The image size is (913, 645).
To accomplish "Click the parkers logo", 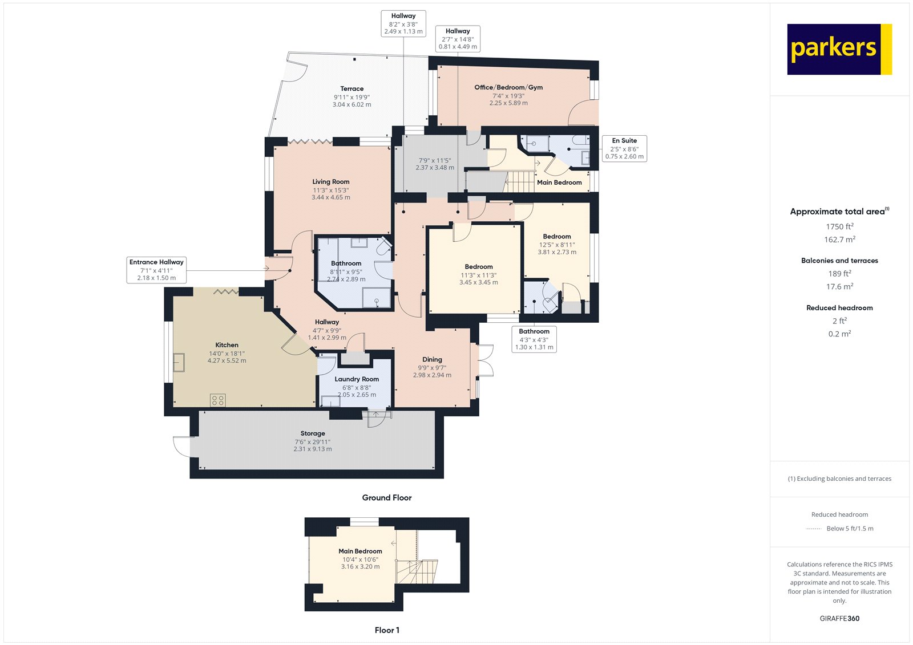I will [x=839, y=49].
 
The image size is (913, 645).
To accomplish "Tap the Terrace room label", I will [x=352, y=88].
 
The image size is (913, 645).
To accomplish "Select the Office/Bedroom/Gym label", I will [x=508, y=87].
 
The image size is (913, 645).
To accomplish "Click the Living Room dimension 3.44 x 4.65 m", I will [x=331, y=197].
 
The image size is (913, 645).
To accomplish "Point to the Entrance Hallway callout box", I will [x=156, y=270].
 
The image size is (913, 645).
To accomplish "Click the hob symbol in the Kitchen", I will [x=217, y=400].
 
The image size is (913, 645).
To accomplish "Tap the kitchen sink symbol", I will [x=179, y=363].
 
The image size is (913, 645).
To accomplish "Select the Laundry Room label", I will [x=357, y=379].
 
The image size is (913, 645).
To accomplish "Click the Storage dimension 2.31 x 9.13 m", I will [x=313, y=449].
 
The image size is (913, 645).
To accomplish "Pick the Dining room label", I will [x=432, y=359].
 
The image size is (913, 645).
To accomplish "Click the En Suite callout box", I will [x=624, y=148].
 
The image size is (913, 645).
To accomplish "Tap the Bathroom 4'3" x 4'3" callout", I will [x=534, y=339].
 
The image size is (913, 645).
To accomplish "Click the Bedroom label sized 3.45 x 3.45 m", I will [x=478, y=266].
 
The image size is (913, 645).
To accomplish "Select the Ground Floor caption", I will [x=386, y=497].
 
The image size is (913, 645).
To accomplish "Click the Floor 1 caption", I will [x=386, y=630].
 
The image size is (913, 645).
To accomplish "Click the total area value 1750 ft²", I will [x=839, y=226].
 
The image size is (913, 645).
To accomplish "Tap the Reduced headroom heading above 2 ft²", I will [x=839, y=307].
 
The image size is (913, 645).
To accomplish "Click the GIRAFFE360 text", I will [x=839, y=618].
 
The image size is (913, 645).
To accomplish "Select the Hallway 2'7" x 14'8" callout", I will [x=458, y=39].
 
